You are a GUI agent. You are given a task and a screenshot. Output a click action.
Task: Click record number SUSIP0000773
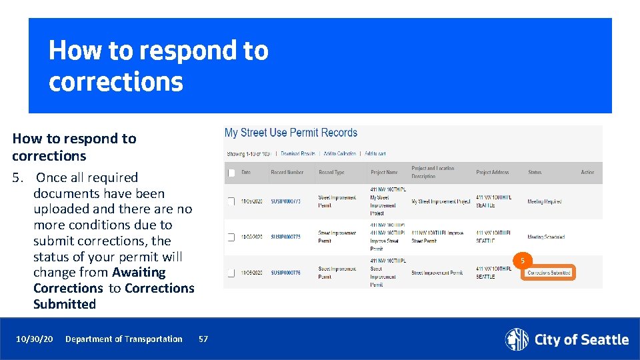(285, 201)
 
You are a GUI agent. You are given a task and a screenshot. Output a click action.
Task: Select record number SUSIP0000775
(285, 237)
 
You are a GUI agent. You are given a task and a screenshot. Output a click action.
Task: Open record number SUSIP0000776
(285, 273)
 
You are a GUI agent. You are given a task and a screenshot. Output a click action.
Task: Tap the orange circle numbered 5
(523, 260)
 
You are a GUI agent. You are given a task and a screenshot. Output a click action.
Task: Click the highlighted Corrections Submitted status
(548, 273)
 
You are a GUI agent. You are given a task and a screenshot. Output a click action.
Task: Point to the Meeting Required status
(544, 201)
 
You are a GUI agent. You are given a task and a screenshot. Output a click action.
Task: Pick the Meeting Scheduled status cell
(545, 237)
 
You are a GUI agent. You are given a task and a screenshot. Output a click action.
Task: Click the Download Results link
(297, 153)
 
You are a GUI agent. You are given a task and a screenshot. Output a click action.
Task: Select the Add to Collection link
(340, 153)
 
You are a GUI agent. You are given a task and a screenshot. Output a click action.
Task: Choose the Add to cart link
(375, 153)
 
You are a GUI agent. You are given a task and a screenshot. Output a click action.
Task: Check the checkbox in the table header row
(231, 173)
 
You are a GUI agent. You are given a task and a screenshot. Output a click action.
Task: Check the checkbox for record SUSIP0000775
(231, 237)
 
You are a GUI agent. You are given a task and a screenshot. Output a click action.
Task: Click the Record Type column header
(331, 173)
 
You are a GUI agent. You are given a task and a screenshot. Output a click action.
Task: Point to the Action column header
(587, 173)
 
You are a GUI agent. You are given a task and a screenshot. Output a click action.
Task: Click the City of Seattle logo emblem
(516, 339)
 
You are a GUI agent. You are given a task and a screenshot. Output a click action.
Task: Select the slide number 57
(203, 339)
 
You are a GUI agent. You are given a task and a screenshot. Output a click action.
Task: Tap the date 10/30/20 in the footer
(35, 339)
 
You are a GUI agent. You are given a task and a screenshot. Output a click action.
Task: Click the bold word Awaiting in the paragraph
(139, 273)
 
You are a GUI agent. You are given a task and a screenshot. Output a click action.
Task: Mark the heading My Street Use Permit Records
(291, 133)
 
